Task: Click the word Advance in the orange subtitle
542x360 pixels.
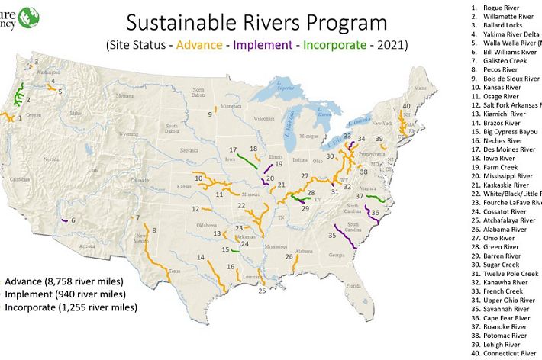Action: pyautogui.click(x=199, y=44)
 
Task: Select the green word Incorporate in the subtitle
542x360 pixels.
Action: pyautogui.click(x=334, y=44)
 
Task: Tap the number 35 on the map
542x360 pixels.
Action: pyautogui.click(x=333, y=236)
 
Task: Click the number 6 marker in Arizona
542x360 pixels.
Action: pyautogui.click(x=73, y=220)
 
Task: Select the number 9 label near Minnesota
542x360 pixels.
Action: pyautogui.click(x=209, y=114)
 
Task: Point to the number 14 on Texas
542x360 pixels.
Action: pyautogui.click(x=200, y=258)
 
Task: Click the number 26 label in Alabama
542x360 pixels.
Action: pyautogui.click(x=289, y=257)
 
